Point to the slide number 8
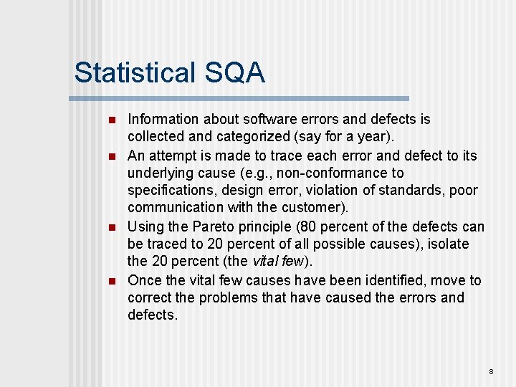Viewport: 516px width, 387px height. coord(491,371)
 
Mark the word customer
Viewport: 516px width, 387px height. coord(317,207)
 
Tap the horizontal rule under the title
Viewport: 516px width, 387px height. coord(240,98)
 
